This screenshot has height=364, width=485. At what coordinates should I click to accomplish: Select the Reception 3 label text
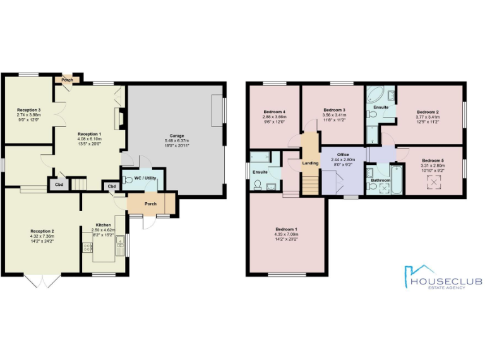[x=28, y=110]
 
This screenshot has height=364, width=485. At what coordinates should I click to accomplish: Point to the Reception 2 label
[x=42, y=231]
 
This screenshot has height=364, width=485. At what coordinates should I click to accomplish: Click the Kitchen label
[x=103, y=225]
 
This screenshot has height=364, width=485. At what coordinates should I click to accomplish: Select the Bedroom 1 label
[x=287, y=229]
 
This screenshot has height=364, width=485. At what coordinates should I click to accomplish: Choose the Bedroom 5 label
[x=433, y=161]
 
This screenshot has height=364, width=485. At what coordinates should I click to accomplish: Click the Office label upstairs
[x=343, y=155]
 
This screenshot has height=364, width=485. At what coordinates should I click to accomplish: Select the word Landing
[x=310, y=163]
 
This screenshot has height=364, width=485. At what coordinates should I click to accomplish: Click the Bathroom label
[x=381, y=180]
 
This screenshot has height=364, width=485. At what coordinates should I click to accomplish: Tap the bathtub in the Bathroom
[x=398, y=179]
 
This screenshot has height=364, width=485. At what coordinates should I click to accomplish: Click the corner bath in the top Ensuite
[x=374, y=95]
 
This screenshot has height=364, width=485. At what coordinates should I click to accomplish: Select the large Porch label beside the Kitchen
[x=150, y=203]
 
